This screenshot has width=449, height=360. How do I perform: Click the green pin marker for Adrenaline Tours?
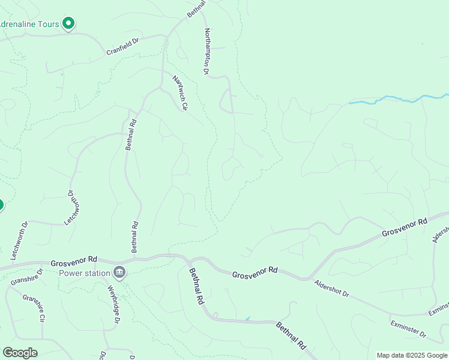pos(68,23)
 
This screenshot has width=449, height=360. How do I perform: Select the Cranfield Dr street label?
pos(122,47)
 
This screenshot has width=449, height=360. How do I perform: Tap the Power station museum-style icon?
pos(119,273)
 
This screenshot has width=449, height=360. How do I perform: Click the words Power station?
pos(85,274)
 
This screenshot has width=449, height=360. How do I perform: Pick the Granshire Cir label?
pos(34,308)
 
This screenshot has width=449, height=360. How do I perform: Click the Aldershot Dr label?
pos(331,287)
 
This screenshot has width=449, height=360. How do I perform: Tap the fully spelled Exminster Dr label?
pos(406,329)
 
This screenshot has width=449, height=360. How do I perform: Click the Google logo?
pos(20,353)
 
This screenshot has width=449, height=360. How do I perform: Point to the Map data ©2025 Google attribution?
pos(412,355)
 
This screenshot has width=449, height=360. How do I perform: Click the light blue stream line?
pos(396,99)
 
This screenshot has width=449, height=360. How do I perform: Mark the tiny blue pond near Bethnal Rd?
pos(247,318)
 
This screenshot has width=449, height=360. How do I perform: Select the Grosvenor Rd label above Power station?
pos(74,262)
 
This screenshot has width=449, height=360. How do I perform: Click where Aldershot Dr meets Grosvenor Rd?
pos(307,279)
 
